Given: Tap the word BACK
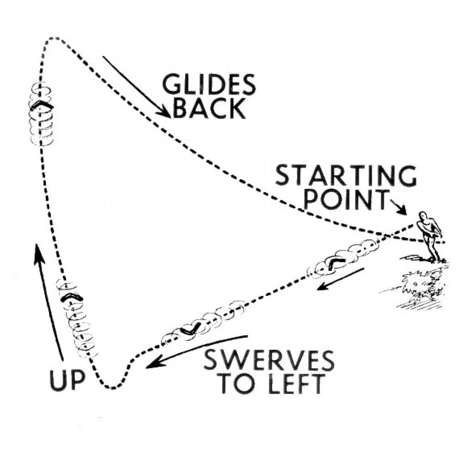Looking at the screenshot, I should pos(210,108).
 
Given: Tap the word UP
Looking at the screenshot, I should pos(67,381).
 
